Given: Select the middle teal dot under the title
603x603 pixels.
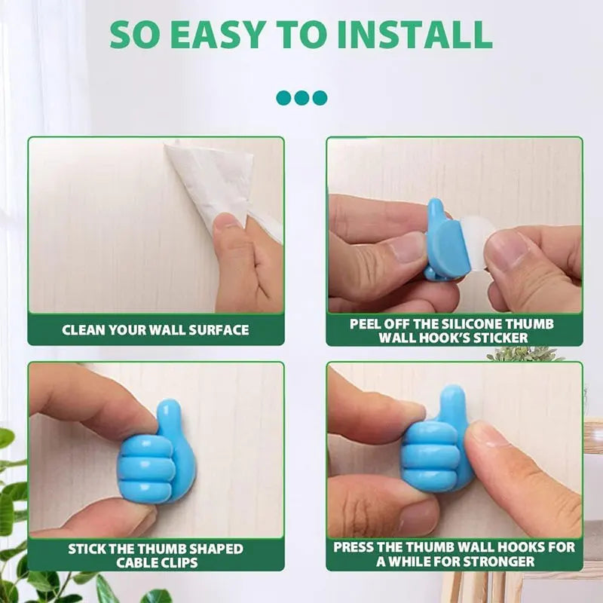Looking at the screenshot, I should pos(301,97).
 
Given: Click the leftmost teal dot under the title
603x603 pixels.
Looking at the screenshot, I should pos(284,97).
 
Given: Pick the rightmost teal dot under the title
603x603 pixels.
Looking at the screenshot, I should pos(320,97).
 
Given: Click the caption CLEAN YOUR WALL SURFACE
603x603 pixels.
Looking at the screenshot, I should pos(155,329).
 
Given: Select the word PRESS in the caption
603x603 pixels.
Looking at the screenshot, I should pos(354,547).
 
